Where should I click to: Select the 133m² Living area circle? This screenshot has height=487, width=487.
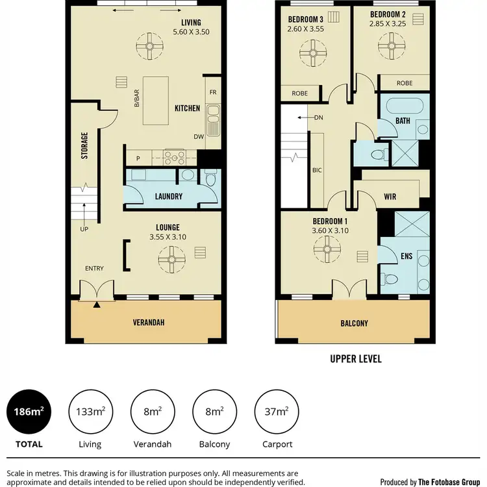(x=90, y=412)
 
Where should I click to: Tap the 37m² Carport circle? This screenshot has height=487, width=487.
(x=276, y=412)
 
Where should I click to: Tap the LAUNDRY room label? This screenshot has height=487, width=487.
(x=169, y=197)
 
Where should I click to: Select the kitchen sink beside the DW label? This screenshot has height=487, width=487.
(x=212, y=118)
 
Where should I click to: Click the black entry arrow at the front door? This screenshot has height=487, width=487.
(x=97, y=304)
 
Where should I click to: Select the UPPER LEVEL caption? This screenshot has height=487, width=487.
(x=356, y=358)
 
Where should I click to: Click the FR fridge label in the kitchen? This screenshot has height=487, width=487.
(x=212, y=92)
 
